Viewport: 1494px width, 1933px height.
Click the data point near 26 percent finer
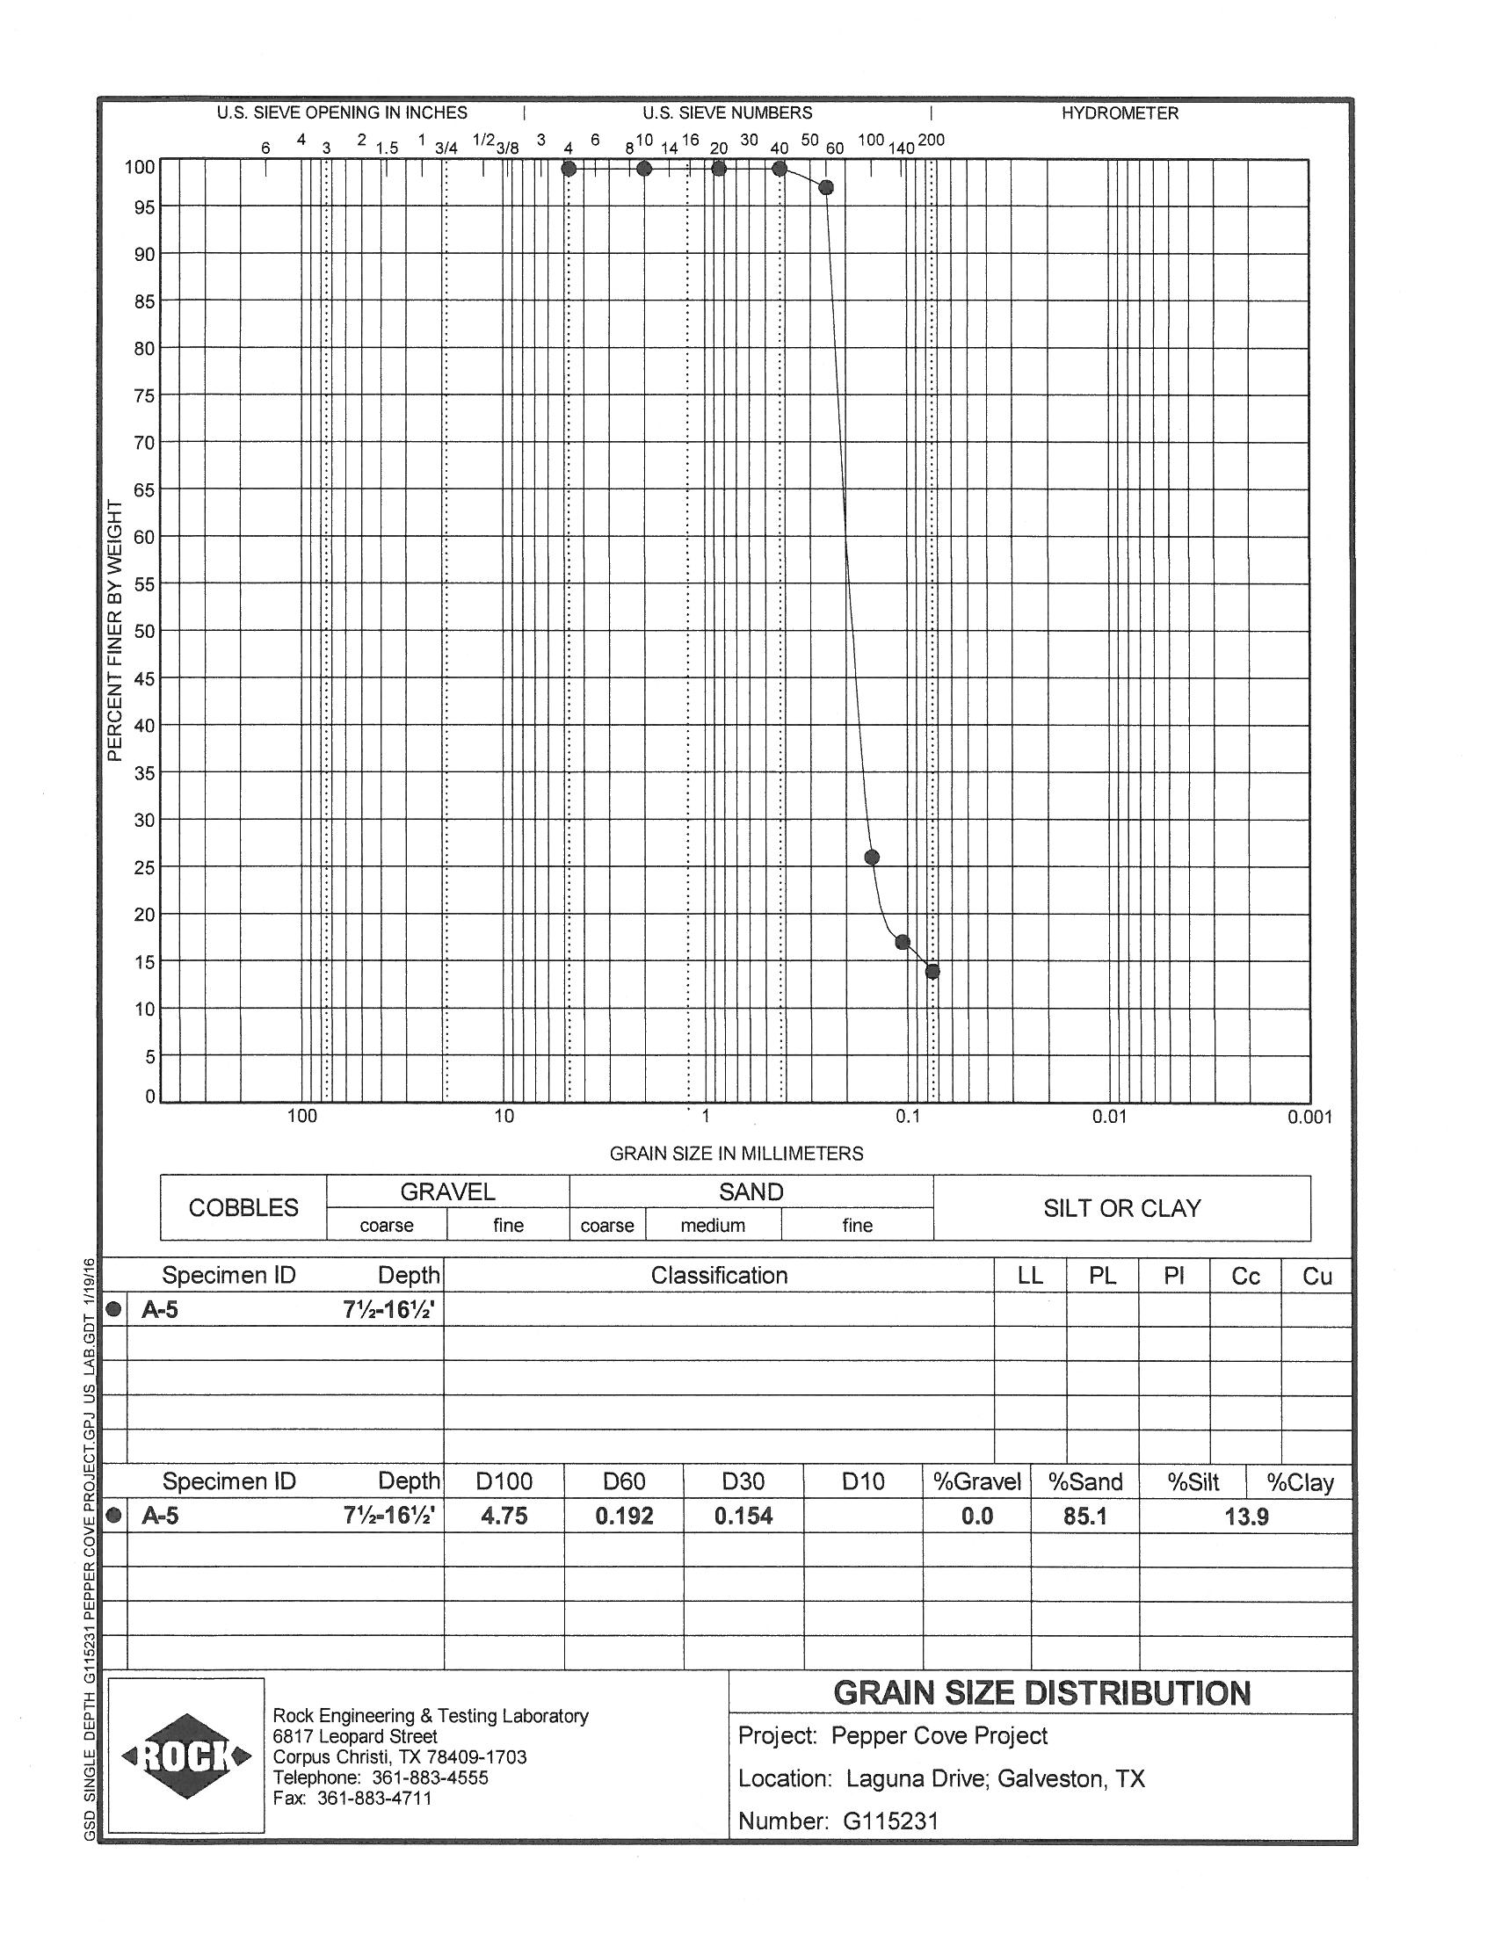tap(872, 857)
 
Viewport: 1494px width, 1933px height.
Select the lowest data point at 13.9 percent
tap(932, 972)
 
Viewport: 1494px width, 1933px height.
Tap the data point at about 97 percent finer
tap(827, 188)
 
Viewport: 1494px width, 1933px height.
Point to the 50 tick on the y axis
tap(144, 632)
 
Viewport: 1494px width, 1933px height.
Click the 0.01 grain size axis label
tap(1109, 1117)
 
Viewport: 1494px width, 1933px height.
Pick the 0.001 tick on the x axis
tap(1310, 1117)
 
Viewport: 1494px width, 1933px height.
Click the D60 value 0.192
tap(624, 1517)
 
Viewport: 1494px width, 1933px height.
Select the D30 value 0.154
tap(743, 1517)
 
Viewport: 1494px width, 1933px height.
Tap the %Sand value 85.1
tap(1085, 1517)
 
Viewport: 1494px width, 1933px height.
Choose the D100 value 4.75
tap(504, 1517)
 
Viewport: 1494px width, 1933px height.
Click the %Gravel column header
tap(977, 1481)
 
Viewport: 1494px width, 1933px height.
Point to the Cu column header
tap(1317, 1277)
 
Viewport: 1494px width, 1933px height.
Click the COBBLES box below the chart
tap(243, 1208)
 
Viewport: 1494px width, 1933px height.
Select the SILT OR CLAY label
tap(1121, 1208)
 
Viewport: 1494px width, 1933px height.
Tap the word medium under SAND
tap(713, 1226)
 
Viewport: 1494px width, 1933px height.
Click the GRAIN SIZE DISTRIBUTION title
tap(1041, 1693)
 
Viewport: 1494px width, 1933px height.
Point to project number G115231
tap(890, 1821)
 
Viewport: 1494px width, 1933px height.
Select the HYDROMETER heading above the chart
tap(1120, 113)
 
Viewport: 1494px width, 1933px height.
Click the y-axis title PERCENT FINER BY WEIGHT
tap(114, 630)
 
